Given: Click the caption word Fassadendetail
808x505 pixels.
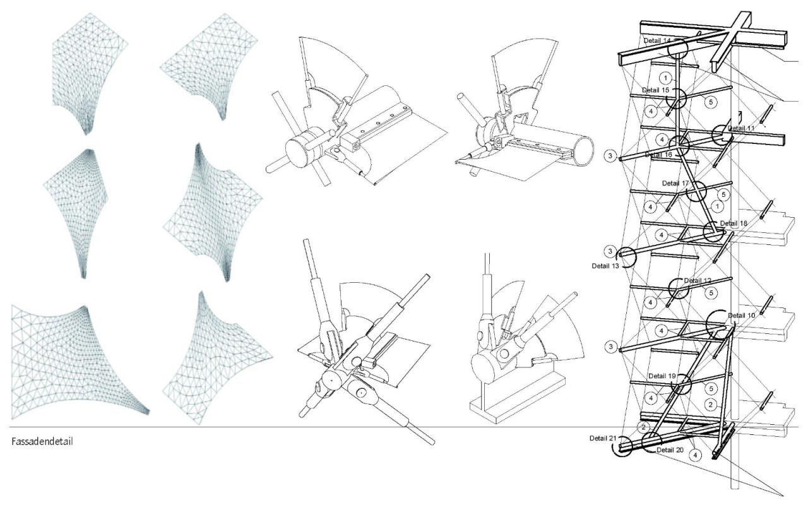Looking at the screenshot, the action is tap(42, 441).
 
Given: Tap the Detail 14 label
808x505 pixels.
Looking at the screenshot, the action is tap(657, 40).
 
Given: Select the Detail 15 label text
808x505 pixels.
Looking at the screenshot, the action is tap(655, 90).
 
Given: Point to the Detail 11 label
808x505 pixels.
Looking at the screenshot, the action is tap(741, 128).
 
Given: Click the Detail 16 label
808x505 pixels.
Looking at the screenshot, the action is tap(658, 155).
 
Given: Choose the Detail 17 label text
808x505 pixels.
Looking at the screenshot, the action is tap(675, 183).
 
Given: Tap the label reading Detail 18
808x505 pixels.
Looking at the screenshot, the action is tap(734, 223).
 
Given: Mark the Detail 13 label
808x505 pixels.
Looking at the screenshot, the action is tap(605, 266).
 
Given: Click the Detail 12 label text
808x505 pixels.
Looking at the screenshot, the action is tap(698, 280).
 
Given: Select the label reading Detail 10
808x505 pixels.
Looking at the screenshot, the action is tap(741, 315).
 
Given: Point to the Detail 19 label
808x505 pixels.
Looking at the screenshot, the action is tap(662, 376).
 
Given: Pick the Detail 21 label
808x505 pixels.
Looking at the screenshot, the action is tap(603, 438).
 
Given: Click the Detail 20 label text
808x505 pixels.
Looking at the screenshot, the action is tap(670, 450).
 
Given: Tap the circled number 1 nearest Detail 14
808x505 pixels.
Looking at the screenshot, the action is tap(665, 78).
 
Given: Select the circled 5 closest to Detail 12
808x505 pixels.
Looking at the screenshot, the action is tap(711, 292).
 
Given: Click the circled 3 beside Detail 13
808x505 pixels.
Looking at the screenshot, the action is tap(610, 251).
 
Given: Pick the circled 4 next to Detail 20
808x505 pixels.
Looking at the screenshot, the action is tap(695, 455).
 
